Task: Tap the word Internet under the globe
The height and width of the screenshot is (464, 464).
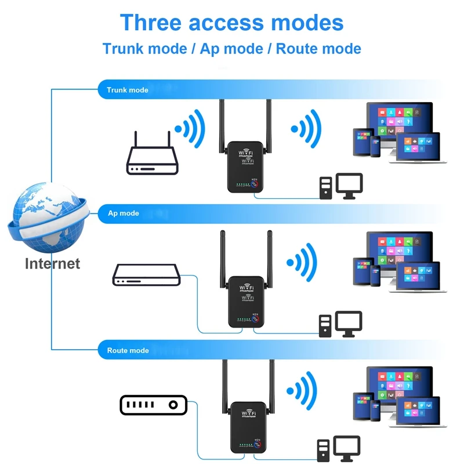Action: coord(52,263)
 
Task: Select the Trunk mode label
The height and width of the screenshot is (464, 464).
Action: coord(127,90)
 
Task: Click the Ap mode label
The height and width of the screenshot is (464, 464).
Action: coord(124,213)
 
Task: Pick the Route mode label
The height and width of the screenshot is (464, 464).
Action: coord(128,350)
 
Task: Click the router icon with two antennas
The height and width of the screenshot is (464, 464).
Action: coord(152,157)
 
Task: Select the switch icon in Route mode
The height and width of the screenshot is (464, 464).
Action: coord(154,405)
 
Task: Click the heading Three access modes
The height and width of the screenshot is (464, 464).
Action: coord(231,23)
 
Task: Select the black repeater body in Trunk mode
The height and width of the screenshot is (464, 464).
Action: coord(245,168)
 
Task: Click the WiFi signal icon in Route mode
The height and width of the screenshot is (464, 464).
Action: coord(303,388)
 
